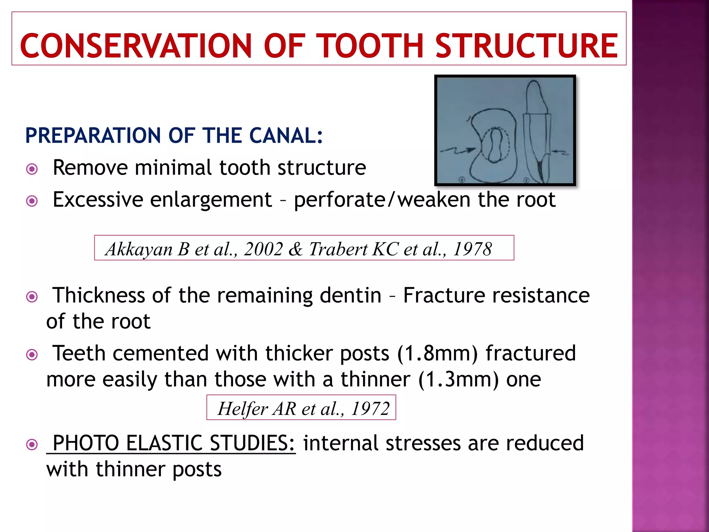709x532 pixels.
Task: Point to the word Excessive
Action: tap(98, 199)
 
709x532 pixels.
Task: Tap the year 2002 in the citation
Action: tap(263, 249)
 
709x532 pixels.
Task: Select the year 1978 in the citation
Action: tap(472, 249)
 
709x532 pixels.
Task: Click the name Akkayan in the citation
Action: tap(139, 249)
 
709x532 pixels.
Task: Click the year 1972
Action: tap(370, 409)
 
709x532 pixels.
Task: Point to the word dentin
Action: tap(350, 295)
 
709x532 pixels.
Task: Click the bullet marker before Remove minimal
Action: tap(32, 169)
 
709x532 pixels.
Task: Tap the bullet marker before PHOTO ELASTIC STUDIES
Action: tap(32, 444)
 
